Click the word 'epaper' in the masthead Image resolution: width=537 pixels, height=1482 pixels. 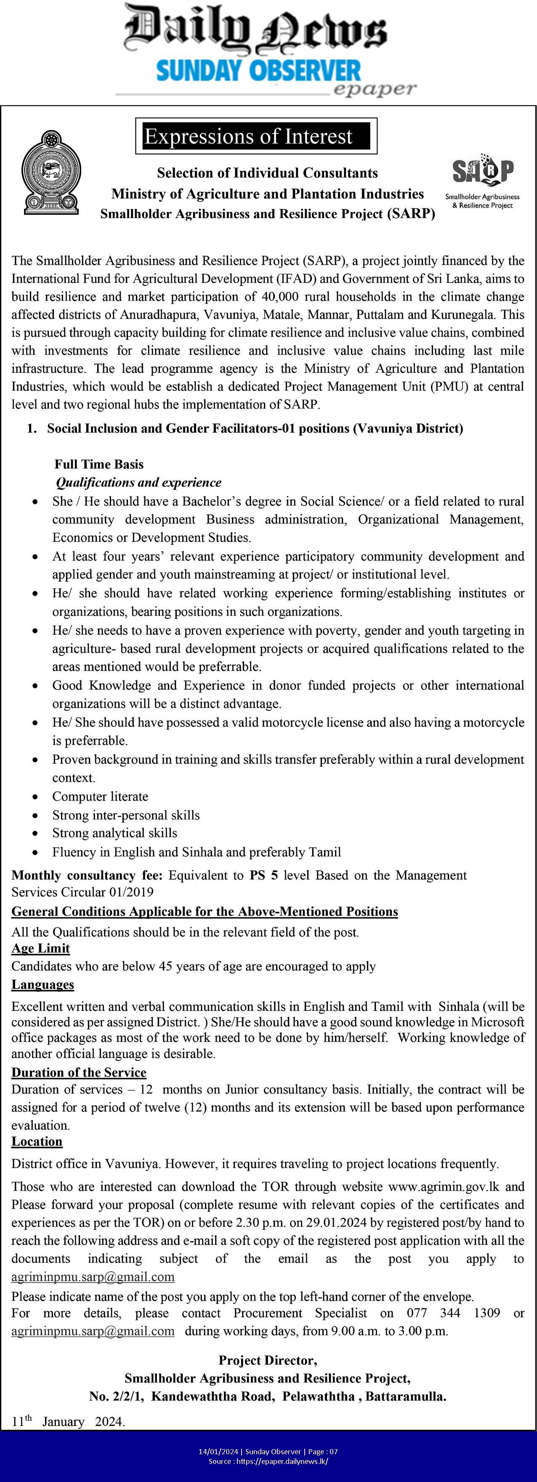374,88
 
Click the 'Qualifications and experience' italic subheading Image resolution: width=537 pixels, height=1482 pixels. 138,482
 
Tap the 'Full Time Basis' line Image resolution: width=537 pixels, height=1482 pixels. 99,464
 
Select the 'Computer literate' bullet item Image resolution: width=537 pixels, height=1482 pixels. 100,796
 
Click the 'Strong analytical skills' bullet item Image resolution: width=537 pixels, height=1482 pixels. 114,833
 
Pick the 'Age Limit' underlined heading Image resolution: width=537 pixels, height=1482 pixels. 40,948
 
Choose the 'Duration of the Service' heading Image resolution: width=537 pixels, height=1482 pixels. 79,1072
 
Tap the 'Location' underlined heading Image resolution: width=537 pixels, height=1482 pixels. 37,1141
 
